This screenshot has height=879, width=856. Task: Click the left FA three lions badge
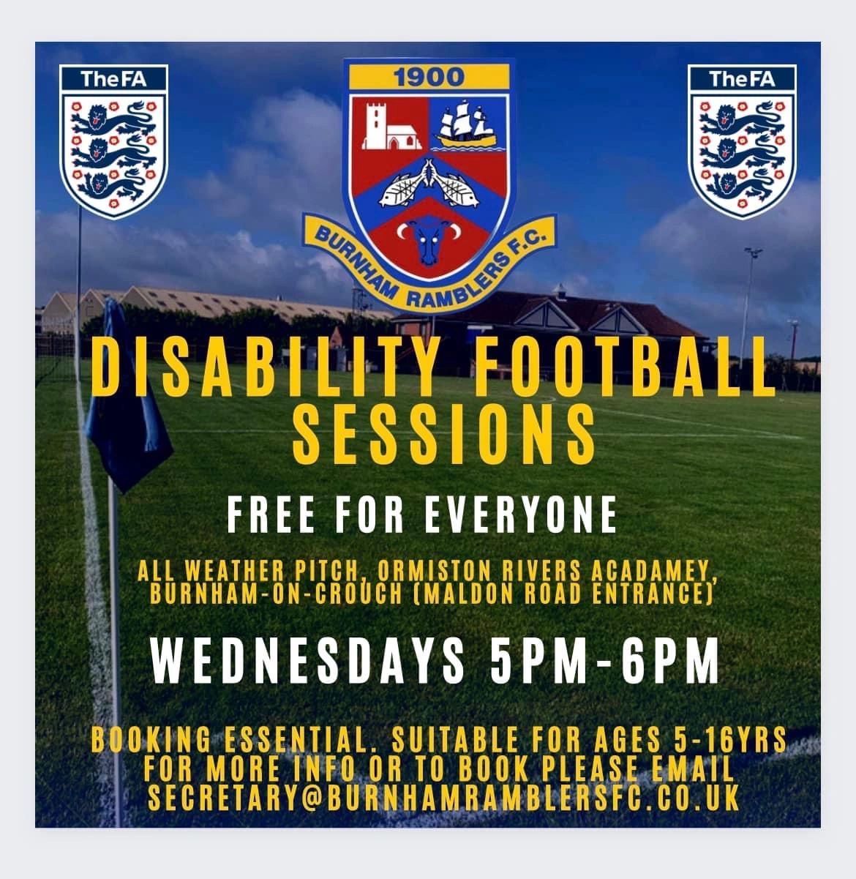click(x=113, y=141)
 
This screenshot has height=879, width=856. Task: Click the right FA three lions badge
click(x=742, y=141)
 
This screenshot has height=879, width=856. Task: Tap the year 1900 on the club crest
click(x=429, y=78)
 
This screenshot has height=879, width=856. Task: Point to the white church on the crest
click(x=389, y=127)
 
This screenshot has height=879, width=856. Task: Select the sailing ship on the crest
click(x=466, y=124)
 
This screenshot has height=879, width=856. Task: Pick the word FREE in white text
click(x=271, y=515)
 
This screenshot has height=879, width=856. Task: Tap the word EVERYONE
click(x=521, y=515)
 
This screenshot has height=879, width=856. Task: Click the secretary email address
click(x=444, y=798)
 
